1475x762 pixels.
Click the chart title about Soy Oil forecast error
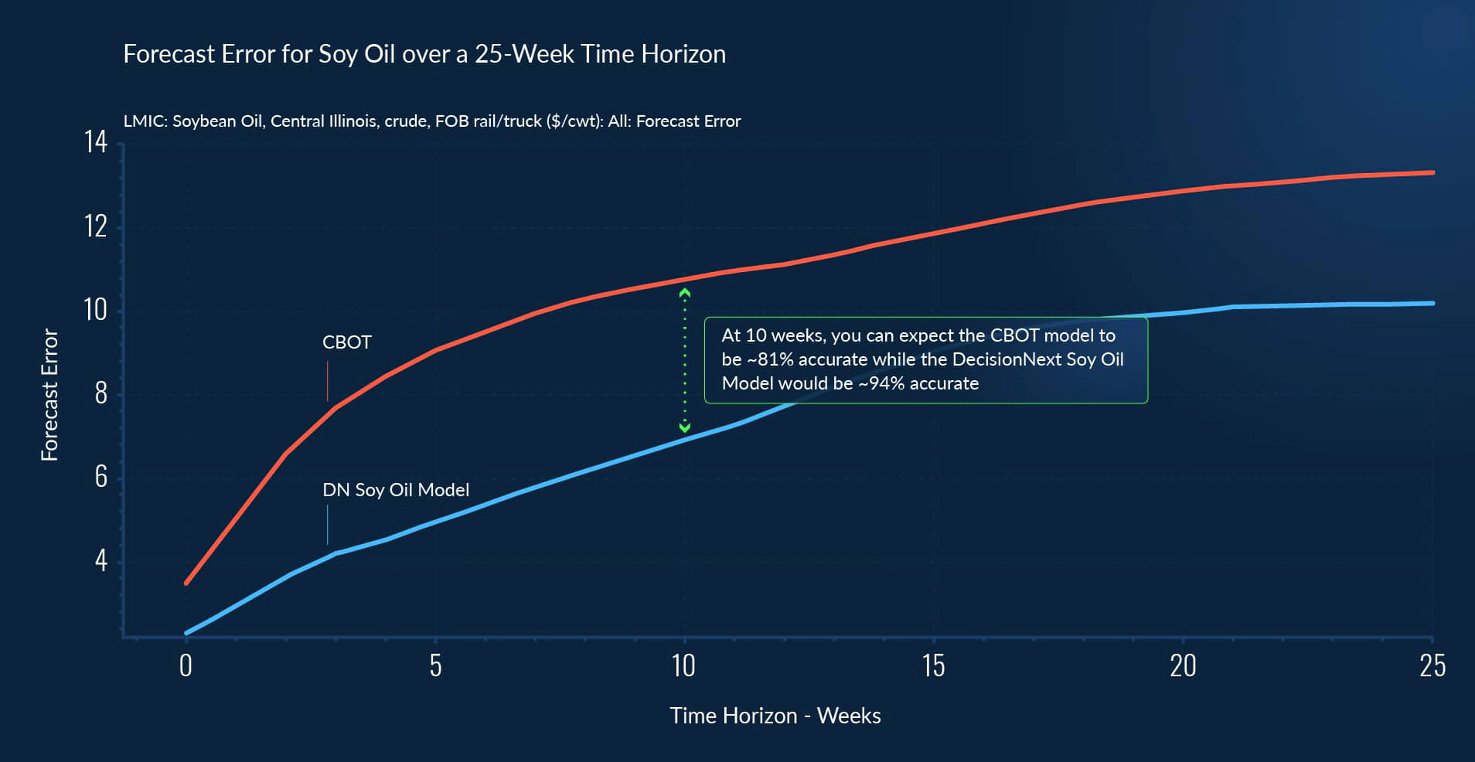tap(424, 54)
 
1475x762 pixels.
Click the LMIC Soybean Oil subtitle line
tap(431, 121)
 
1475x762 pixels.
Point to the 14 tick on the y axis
tap(96, 142)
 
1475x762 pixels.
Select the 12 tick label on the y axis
tap(96, 226)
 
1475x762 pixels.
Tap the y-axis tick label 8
tap(100, 393)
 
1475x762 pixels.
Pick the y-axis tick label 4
tap(100, 560)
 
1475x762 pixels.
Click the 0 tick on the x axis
tap(186, 665)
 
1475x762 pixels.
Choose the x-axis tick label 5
tap(435, 665)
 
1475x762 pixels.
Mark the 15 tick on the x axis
tap(933, 665)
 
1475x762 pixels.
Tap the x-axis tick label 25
tap(1432, 665)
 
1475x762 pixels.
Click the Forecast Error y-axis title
tap(49, 395)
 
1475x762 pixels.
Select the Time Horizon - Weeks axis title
tap(775, 716)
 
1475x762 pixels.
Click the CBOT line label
tap(346, 342)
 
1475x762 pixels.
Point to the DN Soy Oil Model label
tap(395, 490)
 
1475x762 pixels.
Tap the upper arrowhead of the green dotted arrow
tap(684, 293)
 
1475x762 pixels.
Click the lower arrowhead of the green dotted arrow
tap(684, 427)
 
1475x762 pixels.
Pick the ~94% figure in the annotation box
tap(881, 383)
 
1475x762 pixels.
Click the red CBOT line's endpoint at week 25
tap(1432, 173)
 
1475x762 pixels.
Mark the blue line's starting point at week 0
tap(186, 633)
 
